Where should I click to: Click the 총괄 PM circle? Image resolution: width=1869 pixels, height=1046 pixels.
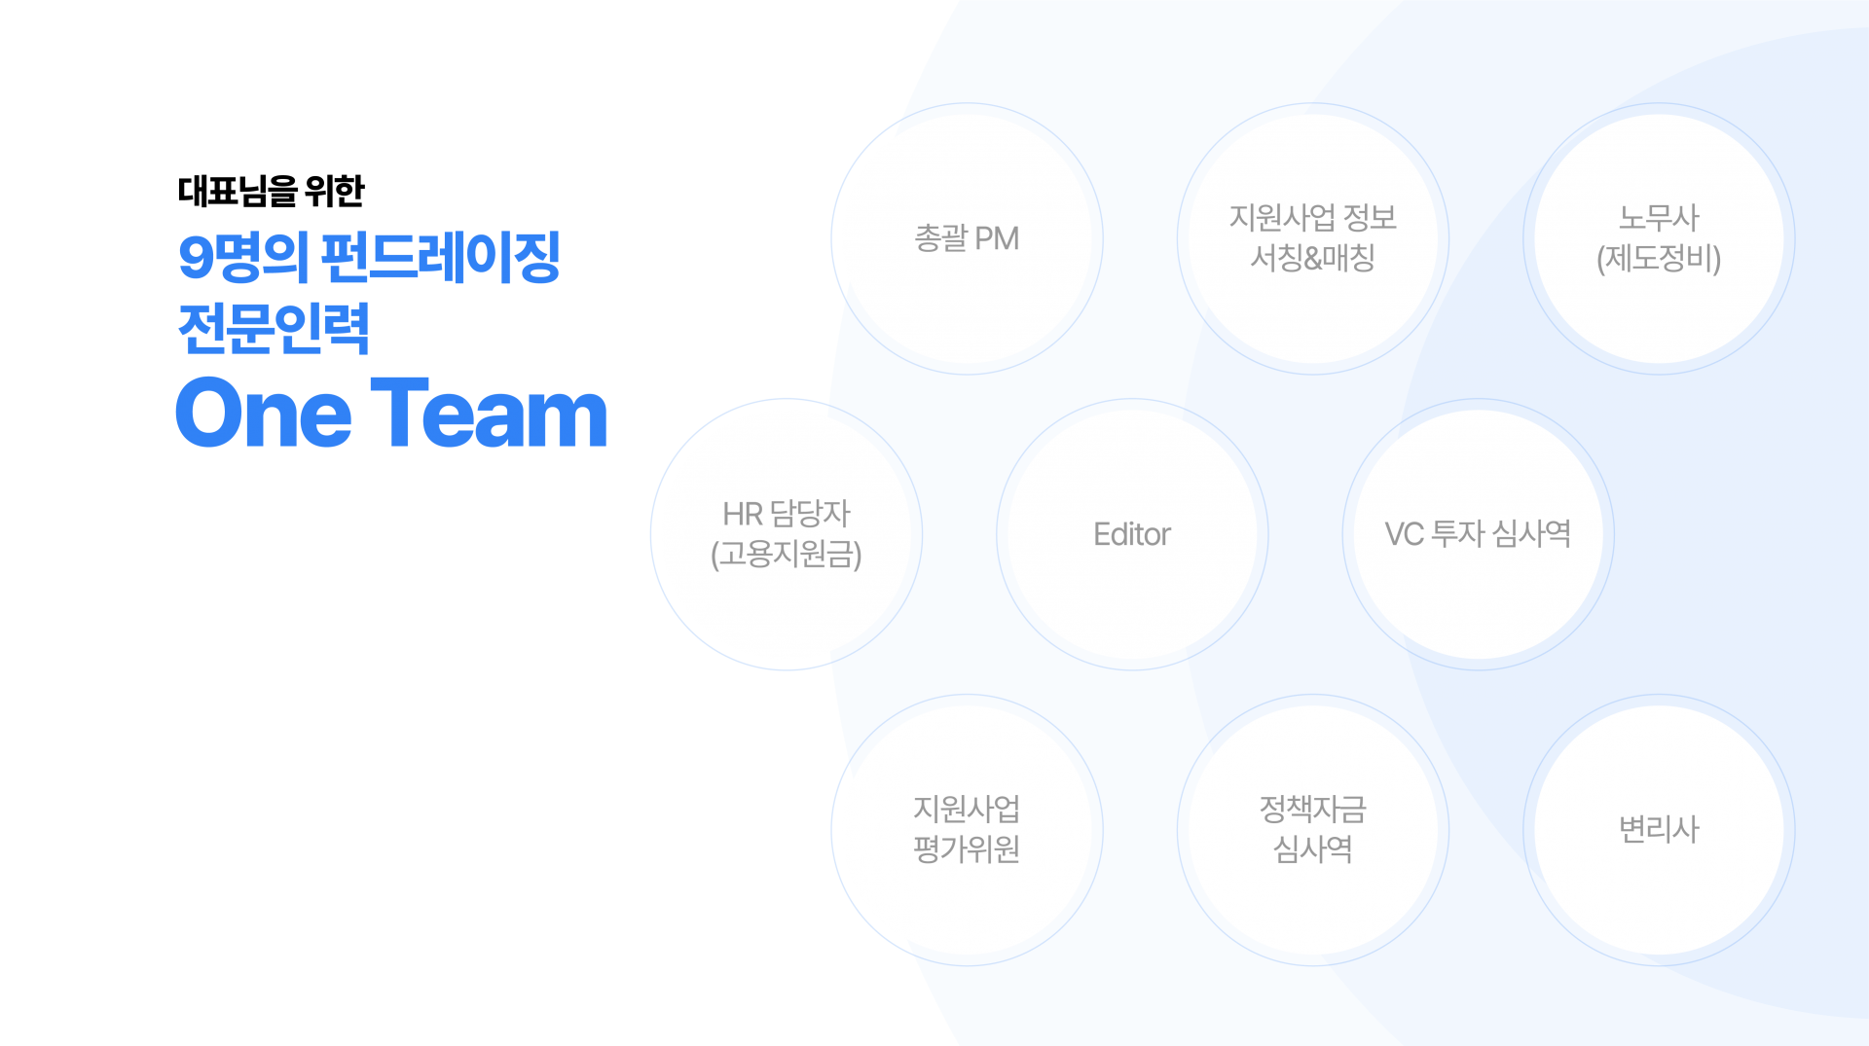click(967, 239)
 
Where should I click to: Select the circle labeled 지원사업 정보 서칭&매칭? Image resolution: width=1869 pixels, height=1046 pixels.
click(1312, 239)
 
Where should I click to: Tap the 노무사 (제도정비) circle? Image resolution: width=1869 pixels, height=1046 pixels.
click(1659, 239)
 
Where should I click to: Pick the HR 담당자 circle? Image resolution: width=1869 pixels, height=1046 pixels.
click(787, 534)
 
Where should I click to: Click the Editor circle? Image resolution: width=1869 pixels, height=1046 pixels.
click(1132, 534)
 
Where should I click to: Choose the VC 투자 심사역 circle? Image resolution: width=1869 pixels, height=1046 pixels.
click(1478, 534)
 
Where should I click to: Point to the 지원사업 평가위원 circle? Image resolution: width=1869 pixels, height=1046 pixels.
click(967, 830)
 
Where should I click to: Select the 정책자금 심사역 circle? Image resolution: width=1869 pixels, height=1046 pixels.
click(1312, 830)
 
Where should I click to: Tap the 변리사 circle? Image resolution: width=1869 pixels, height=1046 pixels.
click(1659, 830)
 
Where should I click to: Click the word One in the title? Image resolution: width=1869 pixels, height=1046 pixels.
click(263, 414)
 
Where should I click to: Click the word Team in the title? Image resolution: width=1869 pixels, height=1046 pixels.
click(489, 414)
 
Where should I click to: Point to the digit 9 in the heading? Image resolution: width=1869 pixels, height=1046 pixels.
click(196, 258)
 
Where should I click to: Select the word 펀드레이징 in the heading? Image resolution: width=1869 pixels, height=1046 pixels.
click(440, 258)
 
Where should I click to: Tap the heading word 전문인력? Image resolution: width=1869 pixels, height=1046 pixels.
click(274, 328)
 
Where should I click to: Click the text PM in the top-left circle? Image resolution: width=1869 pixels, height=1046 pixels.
click(996, 238)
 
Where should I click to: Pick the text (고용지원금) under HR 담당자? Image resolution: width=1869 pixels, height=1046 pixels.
click(787, 555)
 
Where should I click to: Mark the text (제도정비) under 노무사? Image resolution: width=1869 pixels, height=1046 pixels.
click(1659, 259)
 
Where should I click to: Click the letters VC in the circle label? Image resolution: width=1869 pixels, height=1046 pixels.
click(1404, 534)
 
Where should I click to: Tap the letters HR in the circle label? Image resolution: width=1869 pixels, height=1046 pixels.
click(742, 514)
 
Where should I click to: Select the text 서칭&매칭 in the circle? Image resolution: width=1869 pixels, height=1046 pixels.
click(1312, 259)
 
